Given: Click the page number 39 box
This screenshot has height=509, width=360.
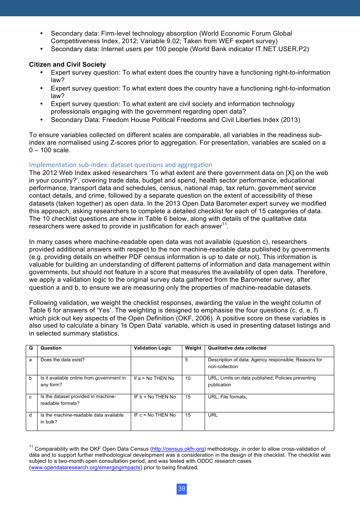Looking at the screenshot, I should click(x=182, y=489).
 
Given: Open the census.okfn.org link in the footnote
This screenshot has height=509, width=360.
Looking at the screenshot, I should click(x=178, y=449).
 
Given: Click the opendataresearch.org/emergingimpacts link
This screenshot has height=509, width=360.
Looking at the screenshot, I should click(x=86, y=468).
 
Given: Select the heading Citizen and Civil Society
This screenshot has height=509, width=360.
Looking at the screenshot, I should click(x=67, y=64).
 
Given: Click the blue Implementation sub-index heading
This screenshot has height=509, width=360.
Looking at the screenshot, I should click(x=121, y=165).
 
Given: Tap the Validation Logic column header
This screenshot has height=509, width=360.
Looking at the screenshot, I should click(x=152, y=348).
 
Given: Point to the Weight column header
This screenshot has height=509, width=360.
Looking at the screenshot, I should click(x=193, y=348).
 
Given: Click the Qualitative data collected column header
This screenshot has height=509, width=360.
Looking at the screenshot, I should click(x=237, y=348).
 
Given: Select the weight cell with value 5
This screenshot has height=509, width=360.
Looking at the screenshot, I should click(x=186, y=360).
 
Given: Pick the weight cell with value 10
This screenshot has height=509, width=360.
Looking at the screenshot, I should click(x=188, y=378).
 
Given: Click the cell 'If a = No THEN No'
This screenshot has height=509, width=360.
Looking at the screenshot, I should click(x=154, y=378).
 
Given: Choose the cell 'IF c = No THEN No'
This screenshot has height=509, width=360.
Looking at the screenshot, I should click(x=155, y=415).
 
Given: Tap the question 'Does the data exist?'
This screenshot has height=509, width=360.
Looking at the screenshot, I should click(x=63, y=360).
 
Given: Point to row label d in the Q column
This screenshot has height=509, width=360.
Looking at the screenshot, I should click(x=30, y=415).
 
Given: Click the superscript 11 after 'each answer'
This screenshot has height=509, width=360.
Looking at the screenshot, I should click(x=224, y=224).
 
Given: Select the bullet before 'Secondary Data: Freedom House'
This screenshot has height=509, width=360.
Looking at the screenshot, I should click(x=42, y=120).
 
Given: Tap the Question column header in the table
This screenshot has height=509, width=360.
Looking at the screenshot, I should click(x=51, y=348).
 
